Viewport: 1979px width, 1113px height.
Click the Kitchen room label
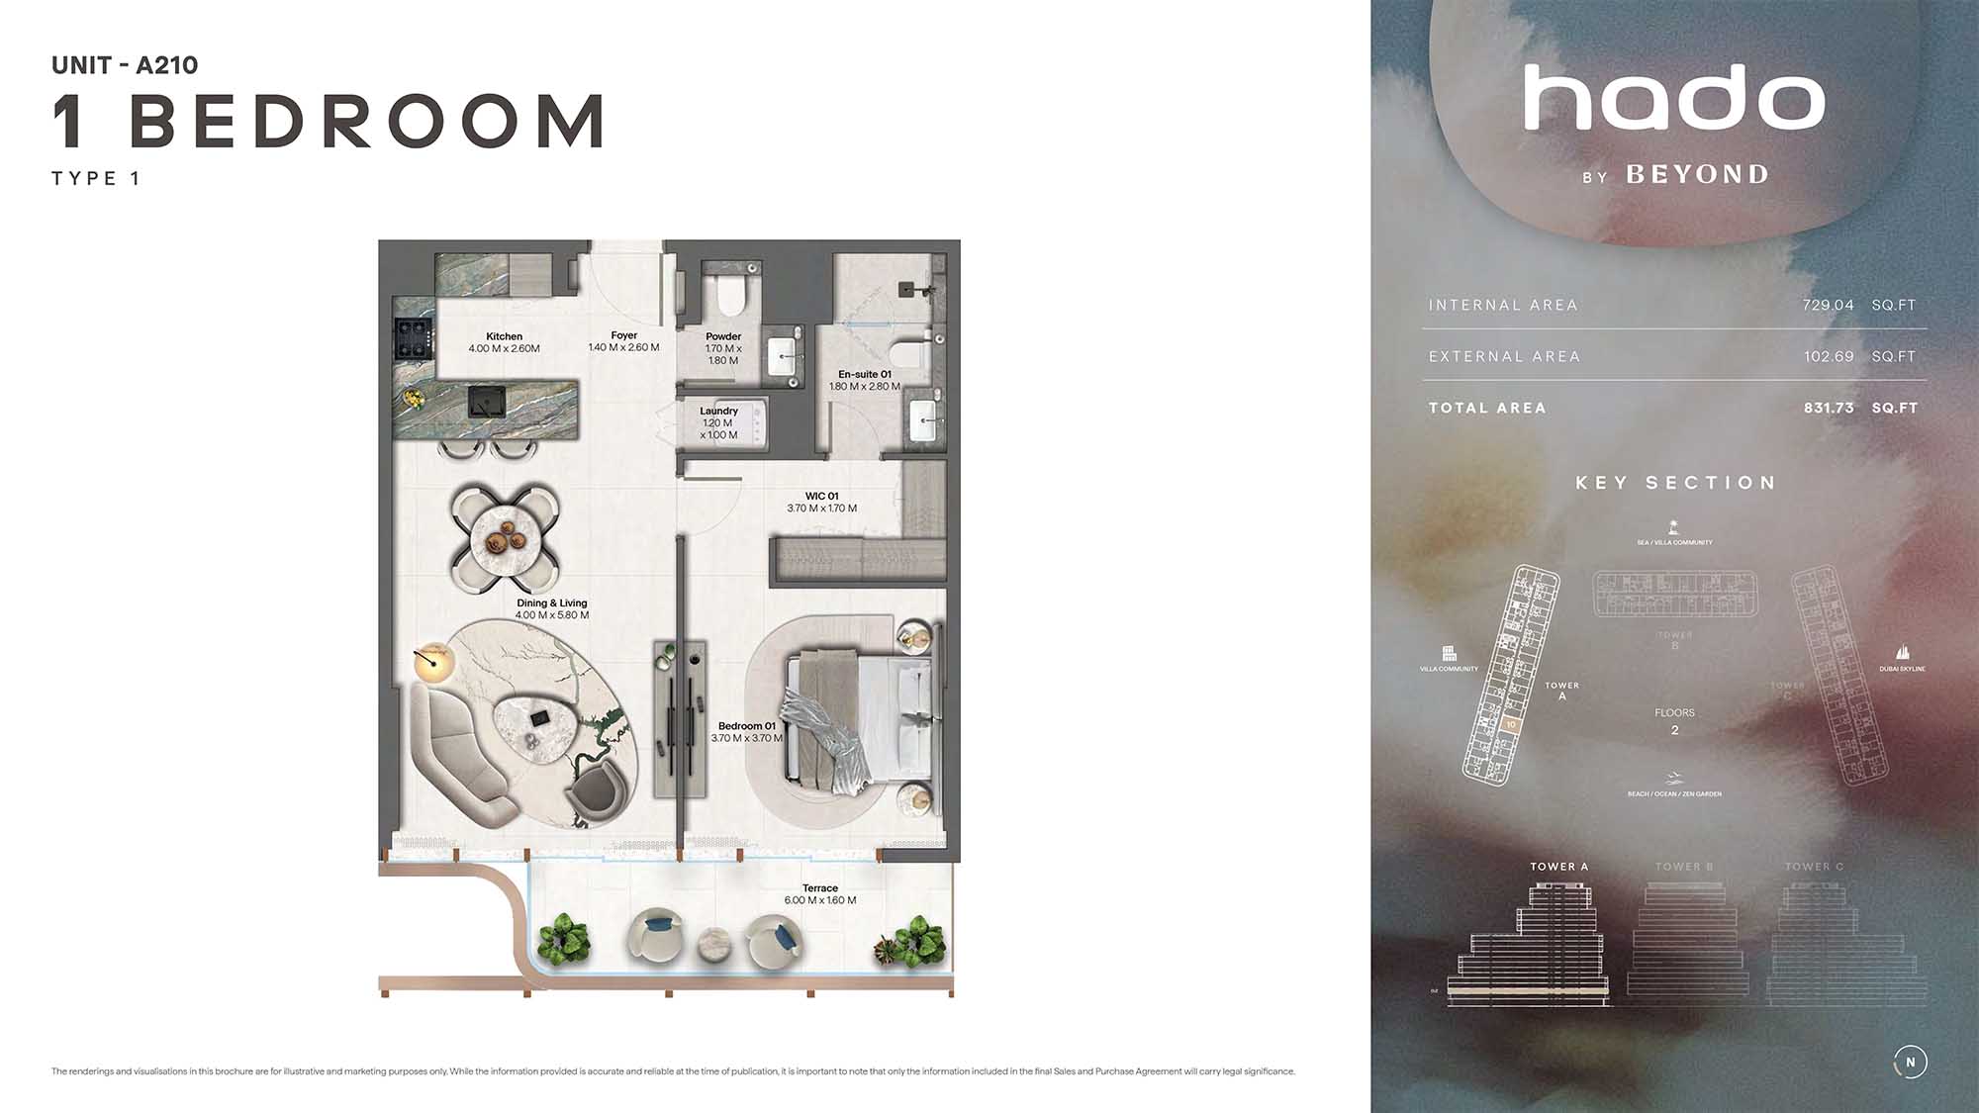[504, 336]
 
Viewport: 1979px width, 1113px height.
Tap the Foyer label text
[623, 335]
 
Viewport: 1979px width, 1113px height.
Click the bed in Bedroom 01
[857, 721]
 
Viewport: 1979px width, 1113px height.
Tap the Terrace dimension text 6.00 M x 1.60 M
[820, 900]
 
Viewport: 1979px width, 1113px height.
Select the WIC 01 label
[821, 497]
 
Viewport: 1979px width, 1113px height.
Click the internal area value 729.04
[1828, 305]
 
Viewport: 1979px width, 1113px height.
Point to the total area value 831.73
[1828, 408]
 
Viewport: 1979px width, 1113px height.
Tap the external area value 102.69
[1828, 356]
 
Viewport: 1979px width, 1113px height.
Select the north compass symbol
[1910, 1062]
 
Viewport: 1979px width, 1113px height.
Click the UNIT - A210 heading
[125, 65]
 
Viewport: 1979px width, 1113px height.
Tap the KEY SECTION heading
[1675, 483]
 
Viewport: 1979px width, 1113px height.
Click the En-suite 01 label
[864, 374]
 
